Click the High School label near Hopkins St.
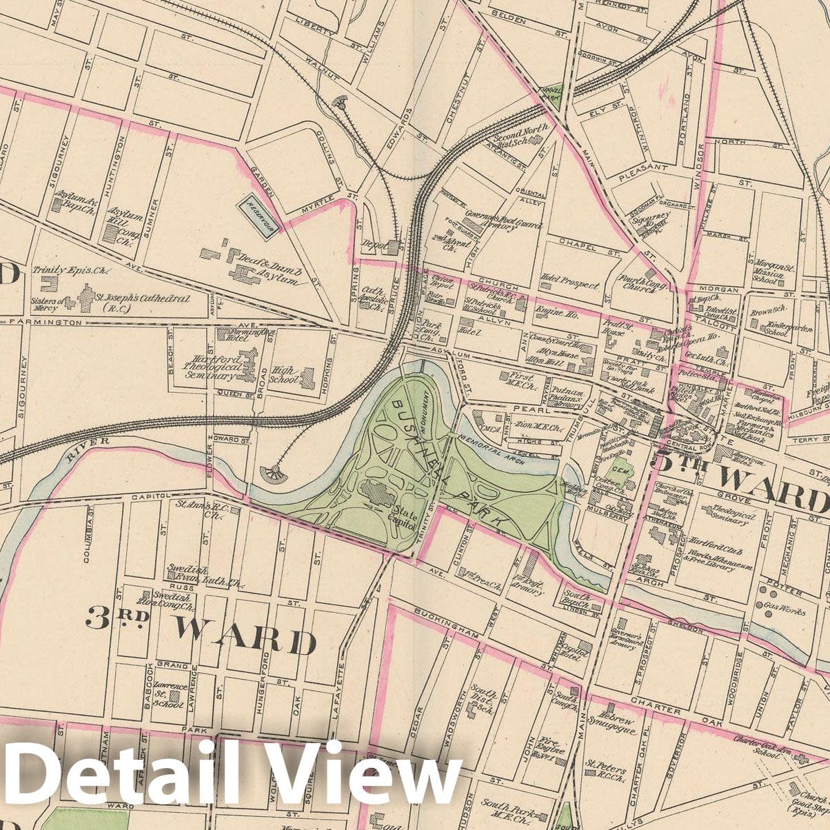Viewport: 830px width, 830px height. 285,374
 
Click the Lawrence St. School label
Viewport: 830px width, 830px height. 169,694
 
